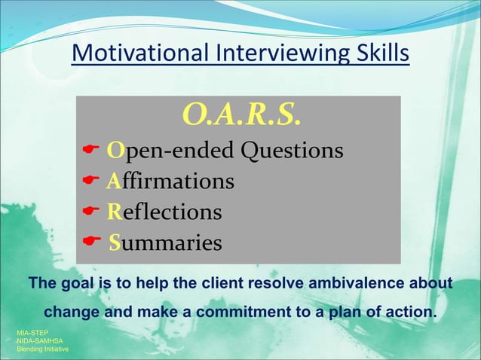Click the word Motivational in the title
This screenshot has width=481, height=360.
click(141, 54)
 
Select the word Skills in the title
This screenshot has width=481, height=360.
click(384, 54)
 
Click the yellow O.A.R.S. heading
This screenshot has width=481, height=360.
click(242, 115)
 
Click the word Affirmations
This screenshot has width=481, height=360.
click(170, 182)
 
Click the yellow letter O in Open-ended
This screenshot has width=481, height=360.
click(115, 151)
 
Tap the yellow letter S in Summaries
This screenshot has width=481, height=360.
click(115, 243)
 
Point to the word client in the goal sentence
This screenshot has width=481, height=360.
click(220, 283)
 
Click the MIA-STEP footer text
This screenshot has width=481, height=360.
click(32, 332)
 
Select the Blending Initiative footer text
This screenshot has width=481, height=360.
click(42, 350)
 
